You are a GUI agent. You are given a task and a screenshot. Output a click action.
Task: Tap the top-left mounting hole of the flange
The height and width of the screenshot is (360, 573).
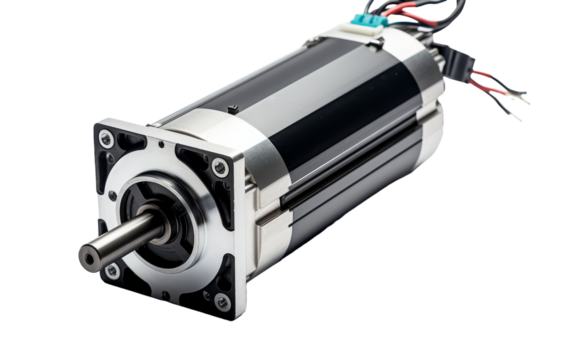pyautogui.click(x=105, y=138)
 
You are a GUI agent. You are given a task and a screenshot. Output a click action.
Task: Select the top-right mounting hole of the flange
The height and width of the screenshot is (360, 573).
pyautogui.click(x=220, y=167)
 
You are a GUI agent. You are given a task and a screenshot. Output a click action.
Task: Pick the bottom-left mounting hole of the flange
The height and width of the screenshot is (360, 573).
pyautogui.click(x=113, y=270)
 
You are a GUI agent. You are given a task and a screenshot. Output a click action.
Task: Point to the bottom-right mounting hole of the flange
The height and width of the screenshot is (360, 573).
pyautogui.click(x=222, y=300)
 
